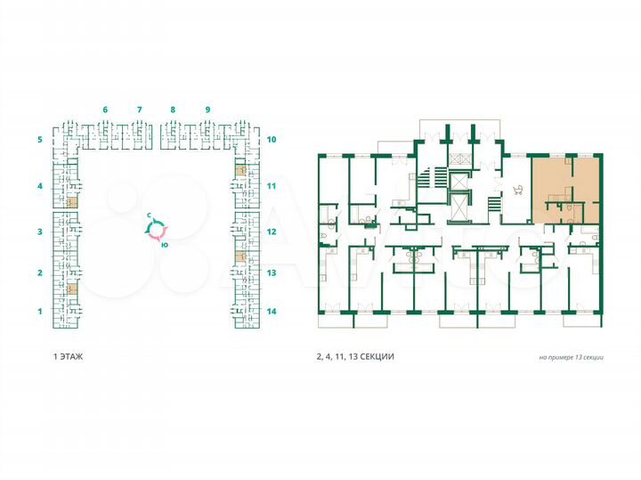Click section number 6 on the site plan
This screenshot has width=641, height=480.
pyautogui.click(x=105, y=109)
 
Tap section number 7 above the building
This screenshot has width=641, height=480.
pyautogui.click(x=140, y=109)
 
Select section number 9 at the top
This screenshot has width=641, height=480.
pyautogui.click(x=207, y=109)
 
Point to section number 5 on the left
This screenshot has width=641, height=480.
pyautogui.click(x=39, y=140)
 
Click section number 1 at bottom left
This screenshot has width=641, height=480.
pyautogui.click(x=39, y=312)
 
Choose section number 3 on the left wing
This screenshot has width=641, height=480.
pyautogui.click(x=39, y=232)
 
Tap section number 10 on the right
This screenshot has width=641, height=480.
pyautogui.click(x=272, y=140)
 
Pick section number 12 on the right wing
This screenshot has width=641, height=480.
pyautogui.click(x=272, y=232)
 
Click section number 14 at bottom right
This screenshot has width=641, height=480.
pyautogui.click(x=272, y=312)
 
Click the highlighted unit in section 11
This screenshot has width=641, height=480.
pyautogui.click(x=239, y=168)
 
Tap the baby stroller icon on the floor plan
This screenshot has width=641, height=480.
pyautogui.click(x=515, y=189)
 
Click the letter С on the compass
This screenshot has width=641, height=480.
pyautogui.click(x=151, y=216)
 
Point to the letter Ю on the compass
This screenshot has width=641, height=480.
pyautogui.click(x=166, y=245)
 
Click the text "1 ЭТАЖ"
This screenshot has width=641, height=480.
pyautogui.click(x=69, y=356)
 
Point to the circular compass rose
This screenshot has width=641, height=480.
pyautogui.click(x=158, y=231)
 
